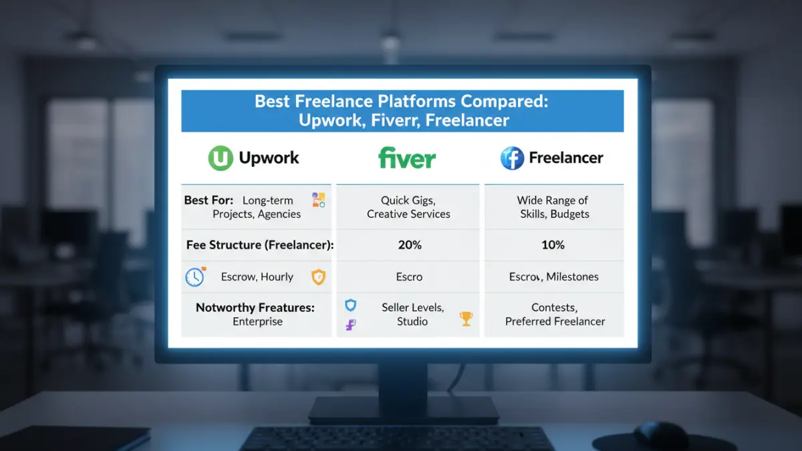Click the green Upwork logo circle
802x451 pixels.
(x=221, y=158)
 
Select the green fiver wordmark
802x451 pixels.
(x=406, y=158)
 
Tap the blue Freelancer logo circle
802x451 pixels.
(x=513, y=158)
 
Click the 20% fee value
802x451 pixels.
(x=409, y=245)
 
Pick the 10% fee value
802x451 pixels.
(x=553, y=245)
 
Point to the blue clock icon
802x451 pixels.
(x=194, y=277)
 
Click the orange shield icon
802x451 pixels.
(x=319, y=277)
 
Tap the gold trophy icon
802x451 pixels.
(x=466, y=319)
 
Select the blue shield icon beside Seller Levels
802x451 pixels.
(x=350, y=306)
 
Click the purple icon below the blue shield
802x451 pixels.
(x=350, y=325)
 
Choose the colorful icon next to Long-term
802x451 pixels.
(x=318, y=200)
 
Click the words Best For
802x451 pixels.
(x=209, y=200)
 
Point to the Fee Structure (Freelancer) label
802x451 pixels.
(x=259, y=245)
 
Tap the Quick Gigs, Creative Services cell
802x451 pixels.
(x=408, y=207)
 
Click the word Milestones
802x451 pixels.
(x=573, y=277)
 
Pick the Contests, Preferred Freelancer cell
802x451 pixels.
(x=555, y=314)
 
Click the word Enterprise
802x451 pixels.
(x=257, y=321)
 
